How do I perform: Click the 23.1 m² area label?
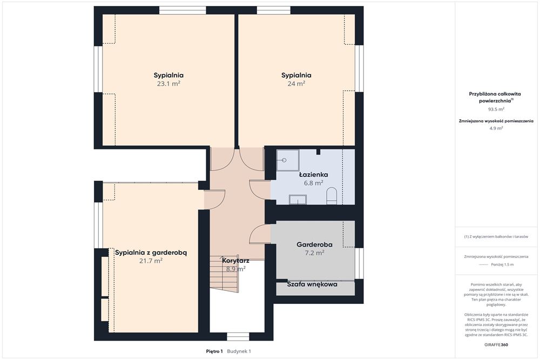click(x=168, y=84)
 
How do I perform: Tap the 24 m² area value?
click(x=296, y=84)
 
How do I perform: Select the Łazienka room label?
click(x=313, y=174)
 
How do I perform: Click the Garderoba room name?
click(x=314, y=244)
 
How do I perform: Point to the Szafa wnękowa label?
click(x=312, y=284)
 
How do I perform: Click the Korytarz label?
click(x=235, y=261)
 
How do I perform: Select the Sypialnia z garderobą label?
click(x=151, y=253)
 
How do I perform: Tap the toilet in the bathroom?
click(x=332, y=195)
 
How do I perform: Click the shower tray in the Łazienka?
click(x=288, y=160)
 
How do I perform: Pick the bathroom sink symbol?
click(x=298, y=200)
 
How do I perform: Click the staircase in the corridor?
click(x=225, y=274)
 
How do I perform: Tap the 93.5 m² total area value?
click(x=496, y=110)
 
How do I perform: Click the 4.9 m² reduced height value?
click(x=496, y=128)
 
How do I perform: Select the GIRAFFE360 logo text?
click(x=496, y=344)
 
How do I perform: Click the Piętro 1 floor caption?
click(x=214, y=351)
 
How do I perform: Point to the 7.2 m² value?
click(x=314, y=253)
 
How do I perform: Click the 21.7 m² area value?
click(x=151, y=261)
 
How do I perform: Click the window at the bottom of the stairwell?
click(x=238, y=337)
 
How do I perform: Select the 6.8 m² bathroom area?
click(x=313, y=183)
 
